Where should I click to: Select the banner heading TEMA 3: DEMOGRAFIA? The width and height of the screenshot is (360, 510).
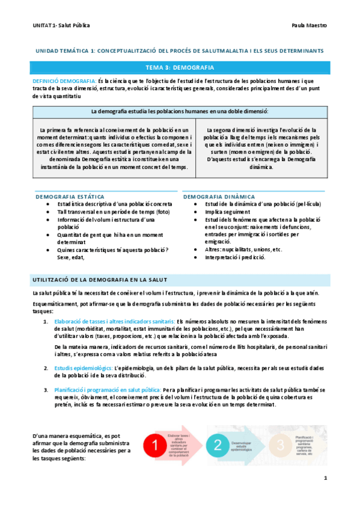(x=180, y=67)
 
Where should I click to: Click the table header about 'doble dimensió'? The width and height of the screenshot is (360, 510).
(x=180, y=111)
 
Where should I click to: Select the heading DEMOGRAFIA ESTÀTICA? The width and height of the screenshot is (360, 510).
(x=70, y=197)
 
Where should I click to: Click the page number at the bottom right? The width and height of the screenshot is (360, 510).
(x=325, y=478)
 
